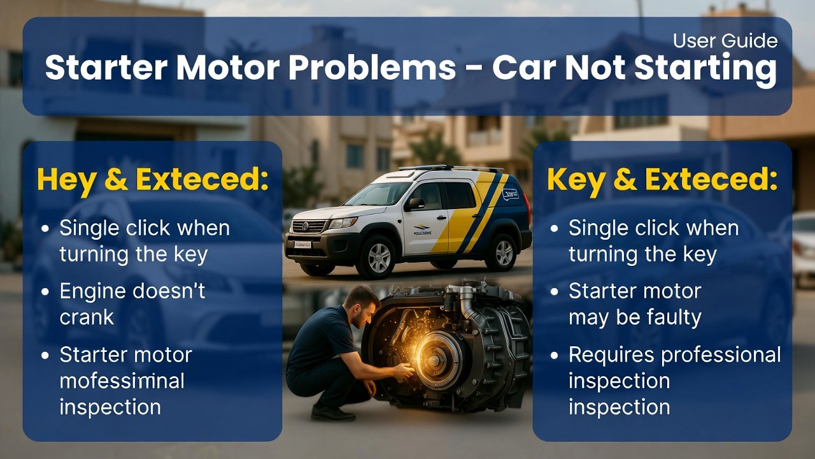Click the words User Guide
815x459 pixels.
pyautogui.click(x=725, y=41)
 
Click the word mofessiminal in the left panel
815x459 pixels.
pyautogui.click(x=122, y=381)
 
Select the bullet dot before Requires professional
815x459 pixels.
pyautogui.click(x=555, y=355)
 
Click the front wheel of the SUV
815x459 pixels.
pyautogui.click(x=379, y=257)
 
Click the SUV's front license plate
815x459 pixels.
pyautogui.click(x=302, y=244)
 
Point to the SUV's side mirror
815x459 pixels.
pyautogui.click(x=415, y=204)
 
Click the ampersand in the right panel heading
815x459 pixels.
pyautogui.click(x=627, y=180)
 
